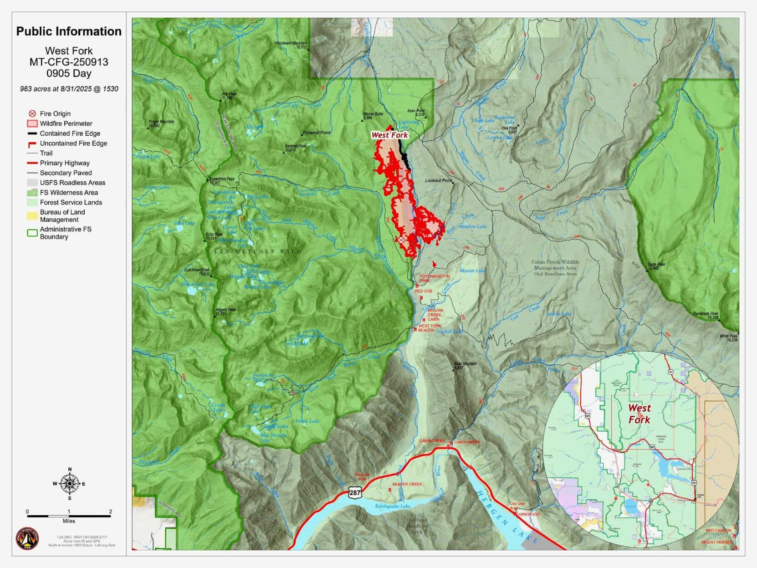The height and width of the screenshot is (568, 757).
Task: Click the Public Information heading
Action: click(69, 31)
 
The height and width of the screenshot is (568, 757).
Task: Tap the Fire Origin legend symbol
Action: click(32, 114)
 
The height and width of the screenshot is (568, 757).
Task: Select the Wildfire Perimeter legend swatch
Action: click(32, 123)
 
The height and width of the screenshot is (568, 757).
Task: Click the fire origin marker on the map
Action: click(401, 240)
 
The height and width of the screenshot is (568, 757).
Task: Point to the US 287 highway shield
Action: click(355, 492)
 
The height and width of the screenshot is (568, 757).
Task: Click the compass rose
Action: click(69, 483)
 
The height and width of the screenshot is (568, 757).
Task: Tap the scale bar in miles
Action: click(69, 516)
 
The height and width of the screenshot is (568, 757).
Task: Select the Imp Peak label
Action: click(229, 96)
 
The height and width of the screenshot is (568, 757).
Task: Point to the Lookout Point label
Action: click(438, 181)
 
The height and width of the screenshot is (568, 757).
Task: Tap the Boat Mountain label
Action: click(465, 365)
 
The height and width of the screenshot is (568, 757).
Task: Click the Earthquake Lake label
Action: click(393, 506)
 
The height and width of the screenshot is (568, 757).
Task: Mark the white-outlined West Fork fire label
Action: click(389, 135)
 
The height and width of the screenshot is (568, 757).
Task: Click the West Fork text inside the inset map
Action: click(639, 414)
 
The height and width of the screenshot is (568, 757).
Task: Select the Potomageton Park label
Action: click(434, 278)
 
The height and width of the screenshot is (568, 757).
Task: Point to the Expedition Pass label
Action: click(222, 181)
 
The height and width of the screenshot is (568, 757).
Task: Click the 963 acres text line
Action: click(69, 89)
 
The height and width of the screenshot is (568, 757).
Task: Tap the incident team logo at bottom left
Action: click(27, 539)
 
